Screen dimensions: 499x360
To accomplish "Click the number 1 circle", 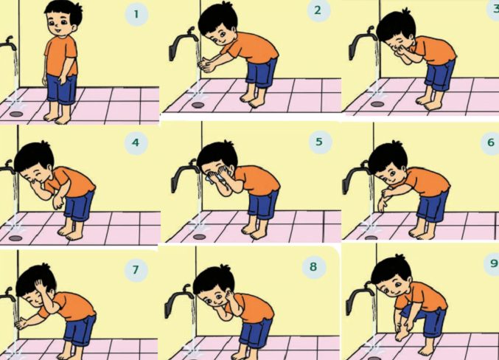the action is click(136, 14).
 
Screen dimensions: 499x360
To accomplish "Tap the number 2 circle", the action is click(318, 10).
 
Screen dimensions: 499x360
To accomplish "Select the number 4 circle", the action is click(136, 142).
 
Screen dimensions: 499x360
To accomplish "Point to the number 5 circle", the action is click(319, 142).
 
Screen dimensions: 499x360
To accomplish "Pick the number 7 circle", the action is click(136, 270).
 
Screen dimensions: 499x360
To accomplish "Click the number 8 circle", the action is click(313, 266).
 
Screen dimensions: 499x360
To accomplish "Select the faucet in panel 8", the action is click(178, 300).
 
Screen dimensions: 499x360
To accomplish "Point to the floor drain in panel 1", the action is click(16, 114).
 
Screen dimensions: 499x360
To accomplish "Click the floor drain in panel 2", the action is click(198, 105).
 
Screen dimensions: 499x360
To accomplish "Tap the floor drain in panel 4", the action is click(15, 238).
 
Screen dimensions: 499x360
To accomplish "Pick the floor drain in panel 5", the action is click(200, 237).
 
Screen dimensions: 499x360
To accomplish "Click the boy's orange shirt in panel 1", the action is click(61, 56).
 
